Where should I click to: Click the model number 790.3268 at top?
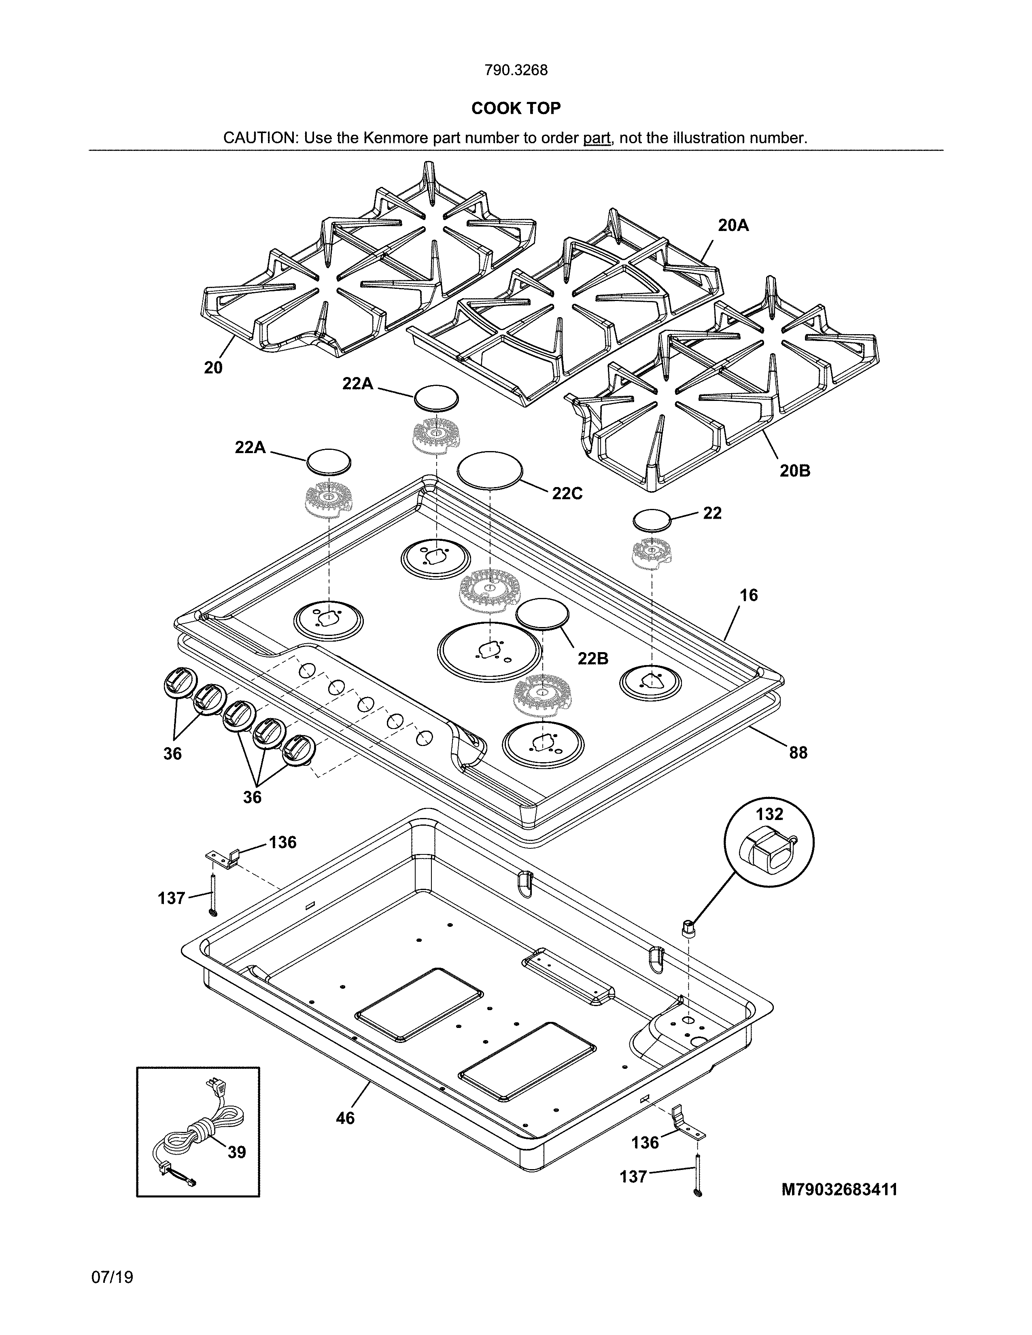[x=515, y=70]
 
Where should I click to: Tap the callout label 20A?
[x=733, y=226]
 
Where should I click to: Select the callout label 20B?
[x=795, y=470]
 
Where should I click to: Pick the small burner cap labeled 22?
[x=652, y=521]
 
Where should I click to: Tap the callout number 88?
[x=798, y=753]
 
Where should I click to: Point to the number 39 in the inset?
[x=237, y=1152]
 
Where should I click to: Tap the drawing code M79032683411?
[x=839, y=1189]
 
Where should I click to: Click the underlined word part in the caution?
[x=596, y=138]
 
